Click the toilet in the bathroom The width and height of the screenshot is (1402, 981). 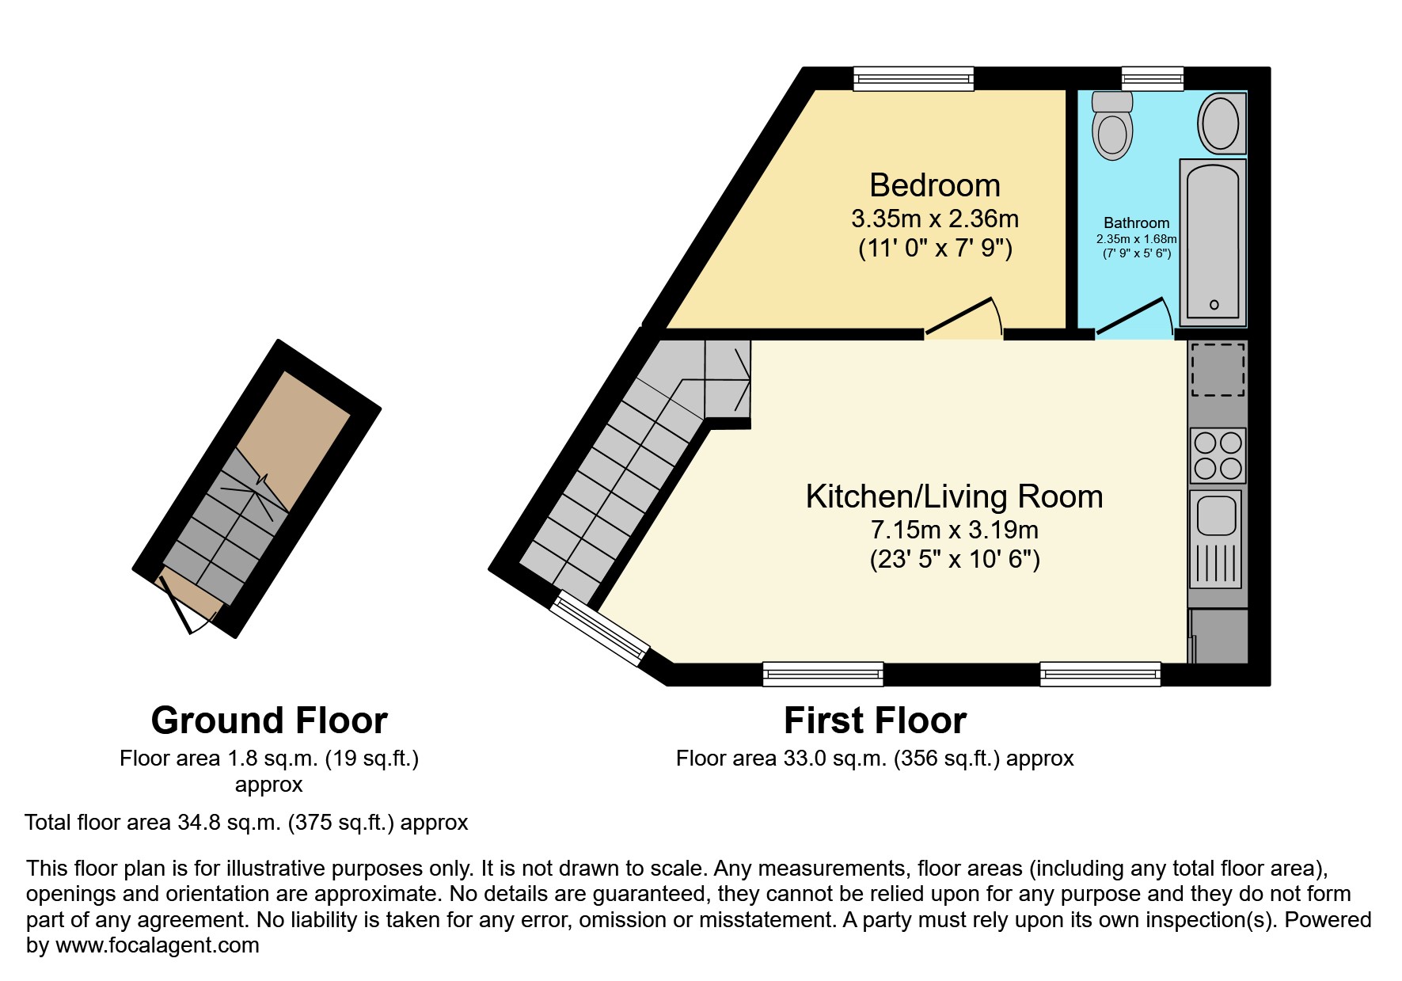[x=1111, y=127]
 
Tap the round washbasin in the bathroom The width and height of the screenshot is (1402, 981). [x=1222, y=124]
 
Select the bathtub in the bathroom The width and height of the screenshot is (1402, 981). [x=1212, y=241]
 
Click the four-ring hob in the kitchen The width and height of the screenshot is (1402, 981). [x=1218, y=455]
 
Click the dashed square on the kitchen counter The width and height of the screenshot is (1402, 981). [x=1218, y=370]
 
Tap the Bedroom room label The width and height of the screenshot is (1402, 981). [x=935, y=185]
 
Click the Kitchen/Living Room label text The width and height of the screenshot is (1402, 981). [x=954, y=496]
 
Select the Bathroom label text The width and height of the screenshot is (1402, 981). [x=1136, y=223]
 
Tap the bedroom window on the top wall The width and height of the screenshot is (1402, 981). [x=913, y=78]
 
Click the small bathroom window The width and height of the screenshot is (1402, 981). [x=1152, y=78]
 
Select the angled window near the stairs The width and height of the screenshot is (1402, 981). [x=599, y=629]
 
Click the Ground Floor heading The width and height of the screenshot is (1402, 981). [x=269, y=721]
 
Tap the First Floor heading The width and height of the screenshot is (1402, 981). [x=875, y=721]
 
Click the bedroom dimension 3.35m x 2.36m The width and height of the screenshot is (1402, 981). [x=935, y=219]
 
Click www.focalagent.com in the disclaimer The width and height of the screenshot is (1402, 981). [x=157, y=945]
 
